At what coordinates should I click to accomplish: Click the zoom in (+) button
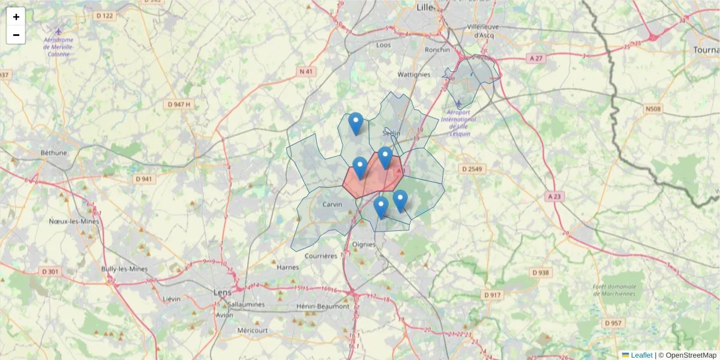pyautogui.click(x=16, y=17)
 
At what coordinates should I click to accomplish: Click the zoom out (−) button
pyautogui.click(x=16, y=35)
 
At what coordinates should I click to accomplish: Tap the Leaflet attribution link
pyautogui.click(x=641, y=355)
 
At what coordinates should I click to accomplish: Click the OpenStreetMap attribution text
pyautogui.click(x=691, y=355)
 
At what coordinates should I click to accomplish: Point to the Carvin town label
pyautogui.click(x=332, y=205)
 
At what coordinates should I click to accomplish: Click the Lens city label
pyautogui.click(x=222, y=292)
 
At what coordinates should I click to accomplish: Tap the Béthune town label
pyautogui.click(x=54, y=153)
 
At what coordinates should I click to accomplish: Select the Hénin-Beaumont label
pyautogui.click(x=323, y=306)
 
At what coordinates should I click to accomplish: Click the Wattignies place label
pyautogui.click(x=414, y=74)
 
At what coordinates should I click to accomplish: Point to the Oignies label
pyautogui.click(x=364, y=244)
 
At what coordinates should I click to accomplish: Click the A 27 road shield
pyautogui.click(x=536, y=58)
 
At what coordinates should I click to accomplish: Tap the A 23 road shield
pyautogui.click(x=556, y=196)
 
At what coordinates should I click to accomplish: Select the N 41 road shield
pyautogui.click(x=307, y=71)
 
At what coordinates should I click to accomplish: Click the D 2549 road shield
pyautogui.click(x=472, y=169)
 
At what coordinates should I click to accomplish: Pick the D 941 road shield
pyautogui.click(x=145, y=179)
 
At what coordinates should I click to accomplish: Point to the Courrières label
pyautogui.click(x=321, y=256)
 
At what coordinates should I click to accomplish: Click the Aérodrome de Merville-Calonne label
pyautogui.click(x=58, y=47)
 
